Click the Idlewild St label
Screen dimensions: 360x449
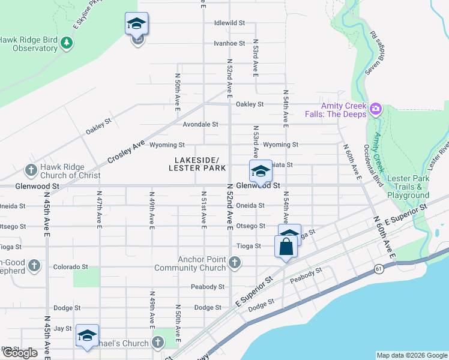(229, 23)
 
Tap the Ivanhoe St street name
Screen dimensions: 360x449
(229, 43)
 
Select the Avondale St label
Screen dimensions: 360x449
(200, 124)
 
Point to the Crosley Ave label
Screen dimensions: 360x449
(127, 152)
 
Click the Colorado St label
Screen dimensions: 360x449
(70, 266)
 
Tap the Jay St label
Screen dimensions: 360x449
(62, 328)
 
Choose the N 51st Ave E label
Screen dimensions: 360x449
(203, 209)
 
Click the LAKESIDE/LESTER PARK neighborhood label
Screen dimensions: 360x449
(197, 164)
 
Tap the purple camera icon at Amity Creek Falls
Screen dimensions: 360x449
(376, 109)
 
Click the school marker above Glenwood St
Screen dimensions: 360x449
(261, 171)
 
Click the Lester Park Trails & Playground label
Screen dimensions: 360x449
(408, 187)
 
